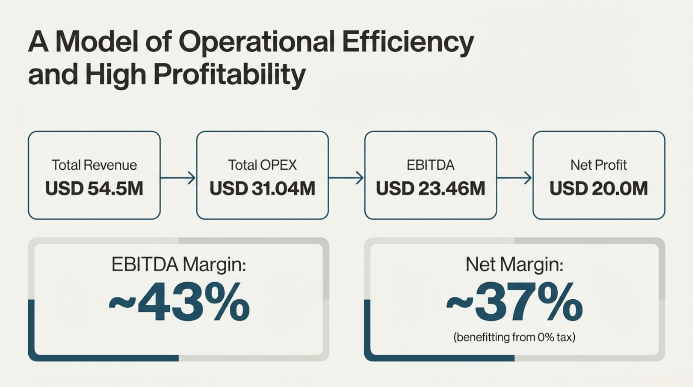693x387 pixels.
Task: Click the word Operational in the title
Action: point(257,42)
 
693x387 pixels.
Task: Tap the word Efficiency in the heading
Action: point(408,42)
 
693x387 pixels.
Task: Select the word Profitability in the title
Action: point(229,74)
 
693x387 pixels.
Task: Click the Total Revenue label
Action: point(94,165)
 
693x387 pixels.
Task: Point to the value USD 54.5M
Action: point(94,189)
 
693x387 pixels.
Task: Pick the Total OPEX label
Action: point(262,165)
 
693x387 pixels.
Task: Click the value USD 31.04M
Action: point(262,189)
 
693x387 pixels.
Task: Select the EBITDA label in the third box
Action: point(430,165)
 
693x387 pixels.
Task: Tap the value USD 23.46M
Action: point(430,189)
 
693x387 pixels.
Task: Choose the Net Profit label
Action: point(599,165)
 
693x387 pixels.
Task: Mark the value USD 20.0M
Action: point(599,189)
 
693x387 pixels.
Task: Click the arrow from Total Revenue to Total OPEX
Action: point(178,178)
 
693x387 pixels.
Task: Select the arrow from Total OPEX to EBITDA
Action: point(346,178)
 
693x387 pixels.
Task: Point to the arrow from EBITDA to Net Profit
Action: point(514,178)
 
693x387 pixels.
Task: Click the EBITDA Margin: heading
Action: point(179,264)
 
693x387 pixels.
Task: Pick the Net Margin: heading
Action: point(514,264)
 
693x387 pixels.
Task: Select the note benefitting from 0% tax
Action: point(514,337)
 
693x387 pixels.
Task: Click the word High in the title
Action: point(116,74)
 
